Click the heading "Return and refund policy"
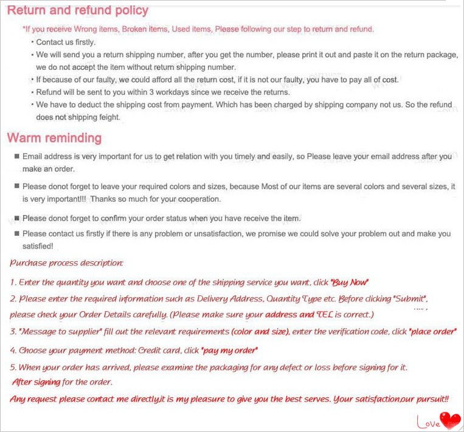click(x=78, y=10)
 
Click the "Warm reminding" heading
click(x=54, y=138)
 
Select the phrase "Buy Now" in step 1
click(x=349, y=283)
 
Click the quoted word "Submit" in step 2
click(x=410, y=299)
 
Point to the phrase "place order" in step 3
click(x=432, y=332)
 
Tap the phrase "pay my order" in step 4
click(x=229, y=351)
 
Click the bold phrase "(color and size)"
click(x=261, y=332)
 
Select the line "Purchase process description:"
click(x=67, y=263)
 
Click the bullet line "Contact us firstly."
click(x=66, y=43)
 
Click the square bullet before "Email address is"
click(x=16, y=157)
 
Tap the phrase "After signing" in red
click(x=36, y=382)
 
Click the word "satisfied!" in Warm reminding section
click(x=38, y=246)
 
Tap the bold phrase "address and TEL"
click(x=289, y=315)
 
